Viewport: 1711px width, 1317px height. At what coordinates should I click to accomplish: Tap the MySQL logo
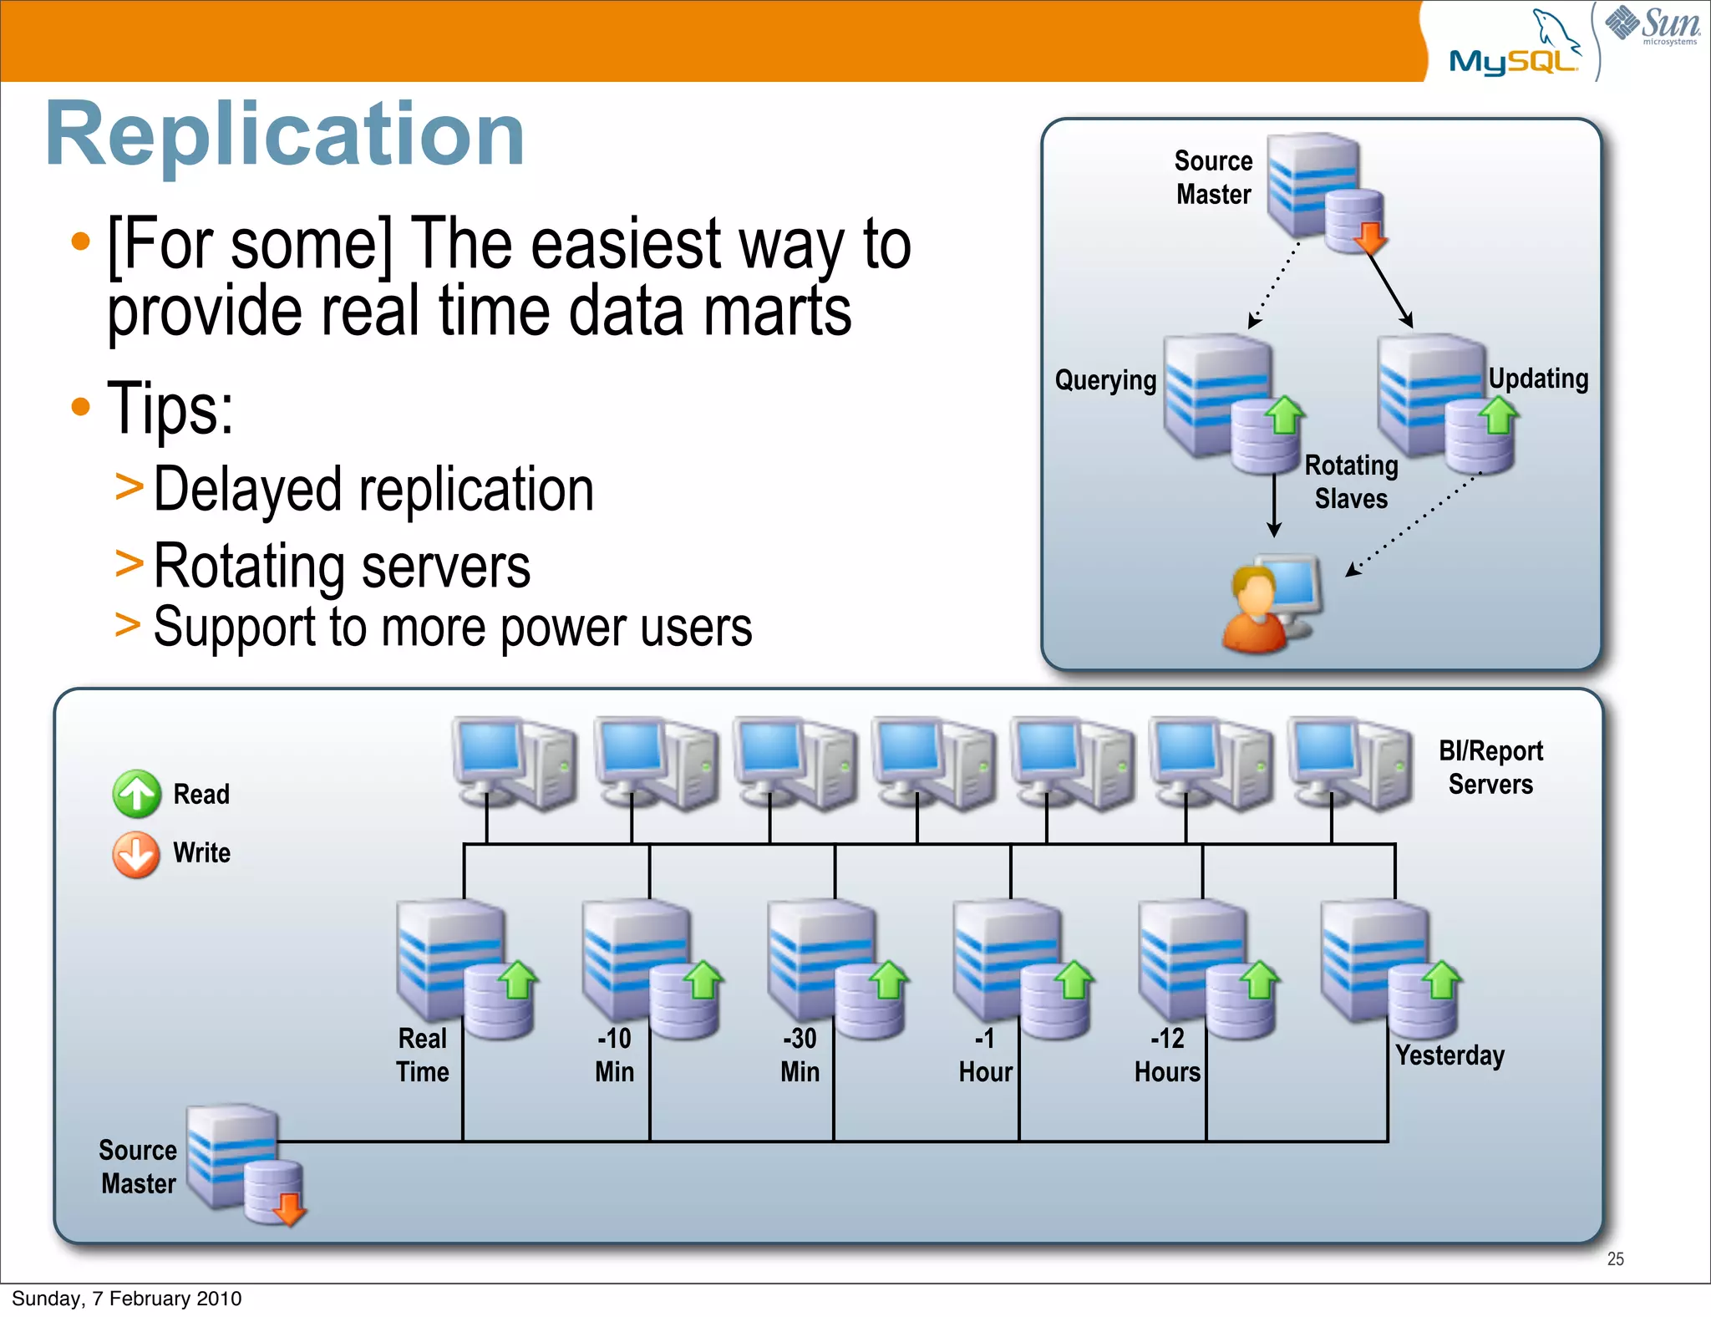(x=1514, y=50)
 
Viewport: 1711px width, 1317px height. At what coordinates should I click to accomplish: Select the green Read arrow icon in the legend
(x=136, y=793)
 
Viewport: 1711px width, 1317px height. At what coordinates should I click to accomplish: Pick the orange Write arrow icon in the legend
(x=136, y=854)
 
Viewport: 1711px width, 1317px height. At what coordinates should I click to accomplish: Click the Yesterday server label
(x=1450, y=1055)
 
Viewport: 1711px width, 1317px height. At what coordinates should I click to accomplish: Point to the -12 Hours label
(x=1167, y=1055)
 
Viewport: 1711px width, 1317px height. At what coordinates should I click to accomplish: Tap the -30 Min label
(x=800, y=1055)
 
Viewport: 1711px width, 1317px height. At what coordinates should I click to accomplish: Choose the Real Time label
(x=423, y=1055)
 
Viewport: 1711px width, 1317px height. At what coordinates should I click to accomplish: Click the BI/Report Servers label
(x=1490, y=767)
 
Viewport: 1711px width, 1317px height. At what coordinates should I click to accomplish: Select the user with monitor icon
(x=1270, y=603)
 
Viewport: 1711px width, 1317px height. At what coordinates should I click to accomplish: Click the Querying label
(x=1105, y=381)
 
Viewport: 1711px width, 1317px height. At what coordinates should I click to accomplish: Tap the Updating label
(x=1538, y=379)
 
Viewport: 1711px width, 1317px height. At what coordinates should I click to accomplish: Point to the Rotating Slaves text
(x=1351, y=482)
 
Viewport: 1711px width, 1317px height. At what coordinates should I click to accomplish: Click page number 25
(x=1615, y=1259)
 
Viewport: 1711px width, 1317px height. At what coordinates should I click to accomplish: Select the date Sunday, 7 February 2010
(x=127, y=1298)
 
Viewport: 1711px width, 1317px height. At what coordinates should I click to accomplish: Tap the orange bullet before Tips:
(x=80, y=407)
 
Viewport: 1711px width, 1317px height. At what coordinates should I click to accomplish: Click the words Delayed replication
(x=373, y=490)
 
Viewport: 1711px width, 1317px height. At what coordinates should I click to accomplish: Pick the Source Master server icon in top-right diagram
(x=1324, y=192)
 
